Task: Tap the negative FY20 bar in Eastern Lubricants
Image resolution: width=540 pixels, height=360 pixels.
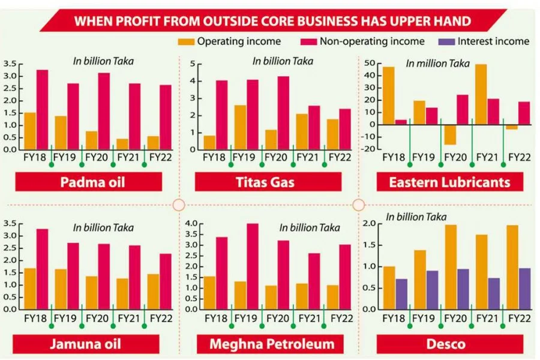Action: pos(451,135)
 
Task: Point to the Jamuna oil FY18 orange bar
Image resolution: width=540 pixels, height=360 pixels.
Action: pos(29,289)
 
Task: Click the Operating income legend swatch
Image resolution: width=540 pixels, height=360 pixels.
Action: pos(186,41)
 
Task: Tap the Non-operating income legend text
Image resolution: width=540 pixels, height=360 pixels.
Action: pos(372,41)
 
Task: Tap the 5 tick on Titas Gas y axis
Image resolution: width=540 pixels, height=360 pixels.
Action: pos(192,64)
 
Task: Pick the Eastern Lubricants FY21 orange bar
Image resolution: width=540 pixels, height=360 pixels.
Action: pos(481,94)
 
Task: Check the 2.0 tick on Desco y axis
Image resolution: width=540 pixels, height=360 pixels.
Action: pos(371,223)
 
